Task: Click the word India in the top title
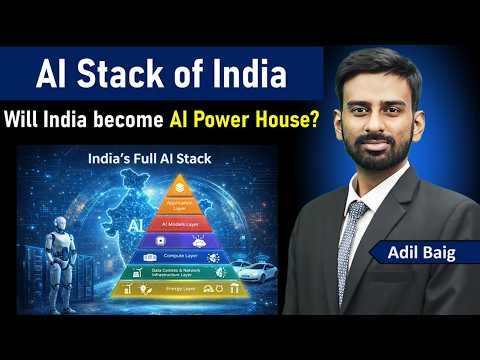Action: point(248,73)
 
